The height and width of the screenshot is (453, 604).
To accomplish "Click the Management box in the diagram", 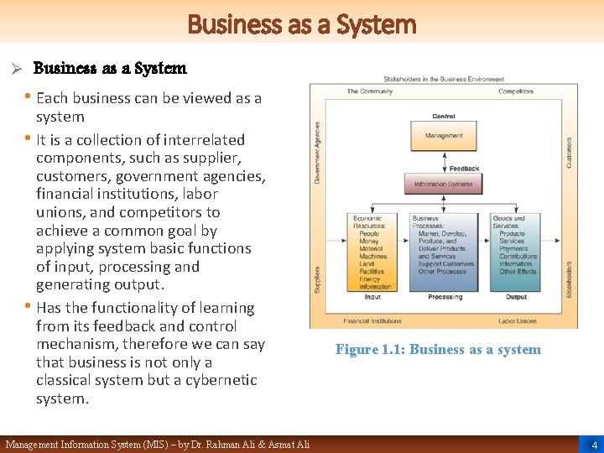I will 444,136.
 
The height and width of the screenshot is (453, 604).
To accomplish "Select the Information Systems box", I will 444,184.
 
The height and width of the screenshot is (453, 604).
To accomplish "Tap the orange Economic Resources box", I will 372,252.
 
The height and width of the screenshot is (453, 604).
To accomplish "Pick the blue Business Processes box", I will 444,252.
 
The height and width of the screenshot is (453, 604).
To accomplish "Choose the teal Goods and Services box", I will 516,252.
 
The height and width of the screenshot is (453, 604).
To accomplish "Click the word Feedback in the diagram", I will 464,169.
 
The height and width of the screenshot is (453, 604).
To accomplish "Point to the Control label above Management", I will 444,117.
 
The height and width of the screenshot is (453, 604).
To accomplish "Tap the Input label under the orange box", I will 372,297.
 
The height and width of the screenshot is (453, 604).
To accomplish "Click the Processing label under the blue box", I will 444,297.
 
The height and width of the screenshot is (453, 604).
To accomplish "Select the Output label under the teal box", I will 516,297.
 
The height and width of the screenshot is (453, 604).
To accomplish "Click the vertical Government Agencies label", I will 317,151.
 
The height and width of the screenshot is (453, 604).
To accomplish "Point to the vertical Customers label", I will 570,152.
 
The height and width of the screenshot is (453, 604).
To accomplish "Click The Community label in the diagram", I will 369,91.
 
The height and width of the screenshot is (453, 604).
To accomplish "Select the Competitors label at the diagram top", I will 516,91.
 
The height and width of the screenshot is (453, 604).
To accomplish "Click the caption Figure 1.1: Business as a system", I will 438,350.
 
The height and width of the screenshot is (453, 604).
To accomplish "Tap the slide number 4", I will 593,445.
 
